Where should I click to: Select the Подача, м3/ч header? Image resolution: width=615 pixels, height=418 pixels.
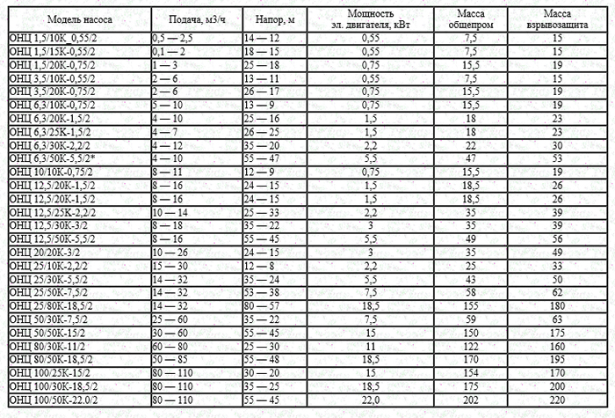pyautogui.click(x=193, y=18)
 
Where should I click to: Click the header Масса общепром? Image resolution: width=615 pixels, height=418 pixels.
pyautogui.click(x=471, y=18)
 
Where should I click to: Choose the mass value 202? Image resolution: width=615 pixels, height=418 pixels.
pyautogui.click(x=471, y=400)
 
